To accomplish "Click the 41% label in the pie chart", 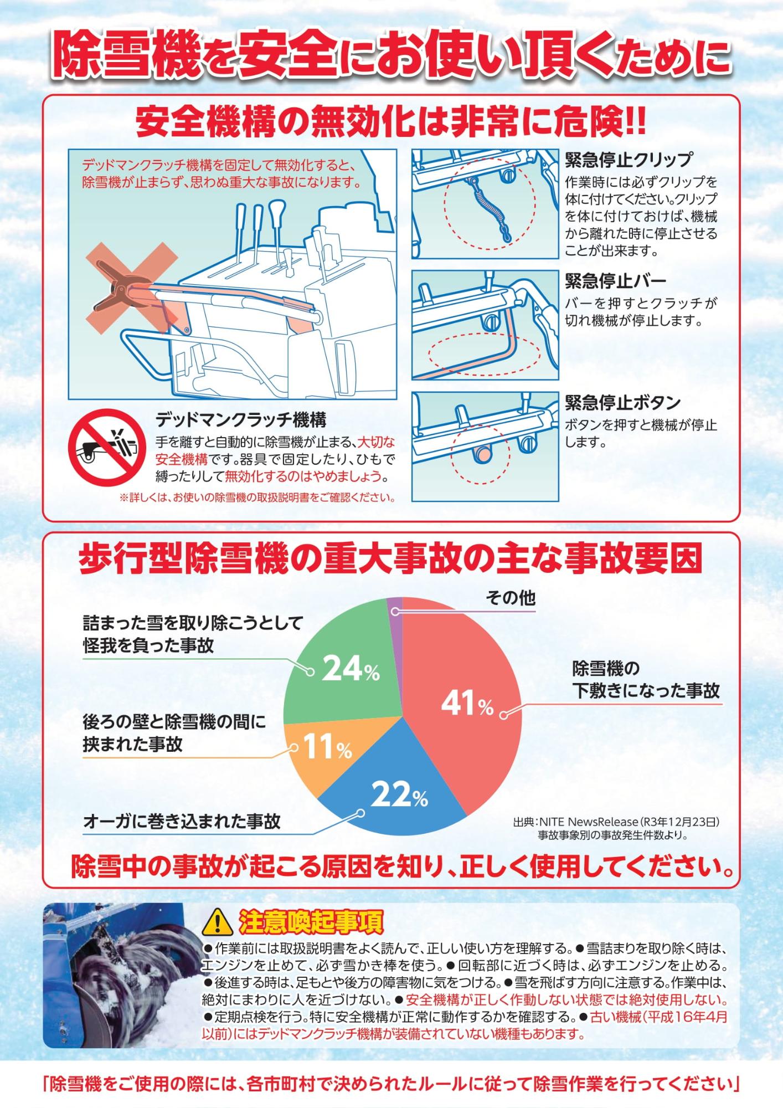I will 467,704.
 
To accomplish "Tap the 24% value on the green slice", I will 350,669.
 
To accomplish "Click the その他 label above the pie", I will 511,598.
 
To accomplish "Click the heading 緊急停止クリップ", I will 628,160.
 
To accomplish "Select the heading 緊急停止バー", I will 615,281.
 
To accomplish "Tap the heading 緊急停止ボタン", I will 622,402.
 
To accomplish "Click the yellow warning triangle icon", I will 219,922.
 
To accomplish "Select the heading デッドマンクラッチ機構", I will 240,419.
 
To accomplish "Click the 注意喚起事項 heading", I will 311,922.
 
